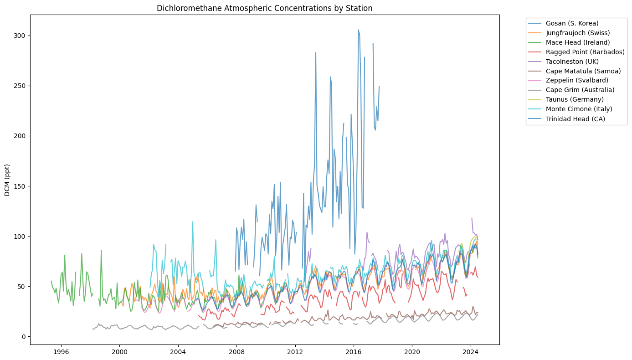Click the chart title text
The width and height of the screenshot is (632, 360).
[264, 8]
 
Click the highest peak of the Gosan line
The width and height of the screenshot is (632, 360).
[359, 30]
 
